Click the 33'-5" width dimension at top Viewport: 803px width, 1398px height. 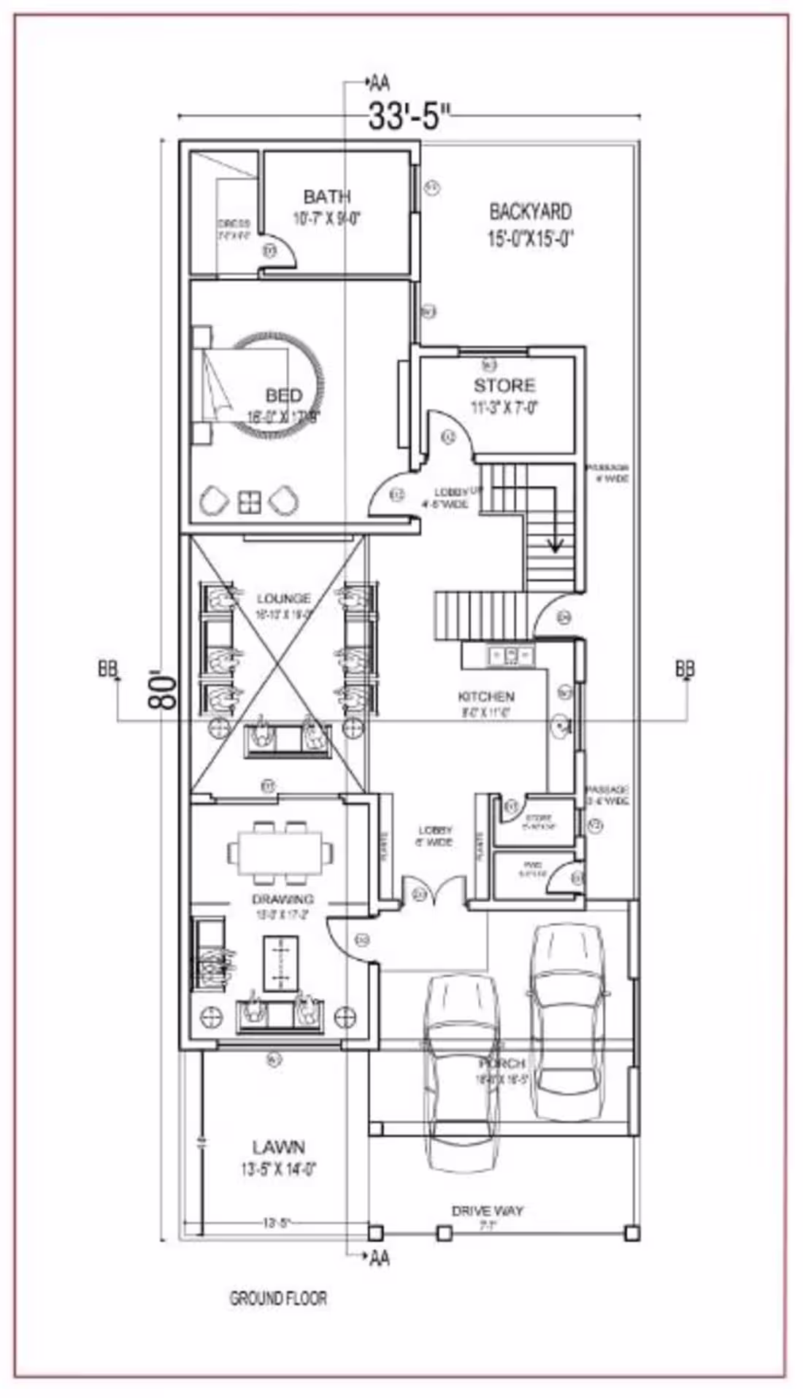409,116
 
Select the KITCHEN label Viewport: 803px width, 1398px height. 485,696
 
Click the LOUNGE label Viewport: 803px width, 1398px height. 284,599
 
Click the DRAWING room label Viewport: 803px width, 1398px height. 283,899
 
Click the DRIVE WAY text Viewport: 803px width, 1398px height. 487,1210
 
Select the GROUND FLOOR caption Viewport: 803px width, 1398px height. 278,1298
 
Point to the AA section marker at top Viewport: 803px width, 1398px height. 380,81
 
